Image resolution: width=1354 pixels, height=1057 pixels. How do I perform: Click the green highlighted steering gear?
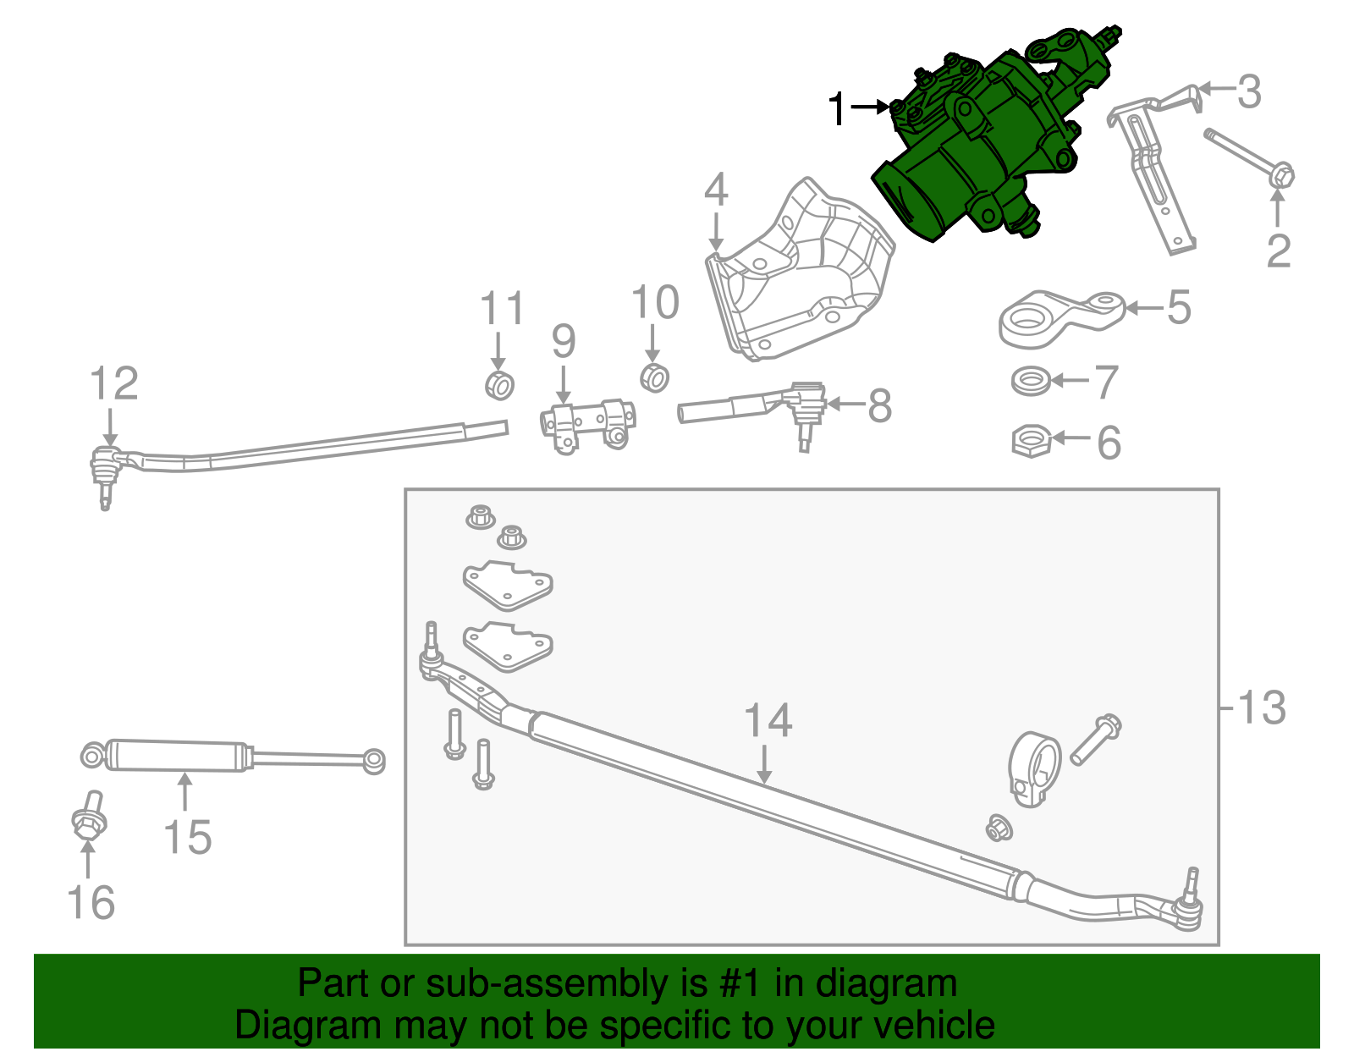click(x=973, y=152)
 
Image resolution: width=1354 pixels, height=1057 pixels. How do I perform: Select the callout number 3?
click(x=1249, y=91)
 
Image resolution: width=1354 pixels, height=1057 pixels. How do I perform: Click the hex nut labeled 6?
click(x=1032, y=441)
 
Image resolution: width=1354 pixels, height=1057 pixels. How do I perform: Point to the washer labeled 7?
click(x=1031, y=381)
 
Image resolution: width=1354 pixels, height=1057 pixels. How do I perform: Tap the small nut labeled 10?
click(x=654, y=377)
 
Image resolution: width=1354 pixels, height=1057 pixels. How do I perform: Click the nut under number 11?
click(x=499, y=385)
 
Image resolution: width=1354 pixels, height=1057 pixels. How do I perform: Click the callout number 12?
click(x=113, y=384)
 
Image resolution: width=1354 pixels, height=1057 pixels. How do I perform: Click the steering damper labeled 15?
click(x=178, y=755)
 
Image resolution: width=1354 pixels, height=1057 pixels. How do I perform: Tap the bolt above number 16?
click(x=89, y=817)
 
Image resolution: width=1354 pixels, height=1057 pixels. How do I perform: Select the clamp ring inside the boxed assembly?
click(x=1034, y=767)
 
